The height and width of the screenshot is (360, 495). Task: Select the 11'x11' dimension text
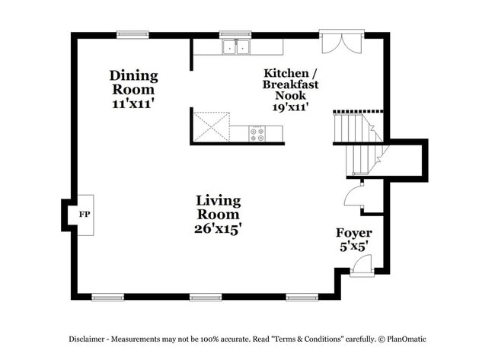(133, 104)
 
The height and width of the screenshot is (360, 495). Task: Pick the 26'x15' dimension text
(218, 228)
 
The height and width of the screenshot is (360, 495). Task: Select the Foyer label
(353, 233)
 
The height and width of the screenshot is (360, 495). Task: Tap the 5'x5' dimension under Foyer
(353, 247)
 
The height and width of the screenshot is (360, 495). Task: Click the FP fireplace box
(85, 215)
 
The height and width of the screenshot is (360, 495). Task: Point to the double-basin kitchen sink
(237, 47)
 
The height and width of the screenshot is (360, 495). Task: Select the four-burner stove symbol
(258, 134)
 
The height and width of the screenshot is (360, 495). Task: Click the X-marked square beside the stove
(211, 126)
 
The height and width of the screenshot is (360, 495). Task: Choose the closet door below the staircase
(354, 196)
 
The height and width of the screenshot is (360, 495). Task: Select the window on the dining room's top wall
(132, 34)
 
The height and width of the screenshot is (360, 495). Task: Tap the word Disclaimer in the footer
(90, 339)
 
